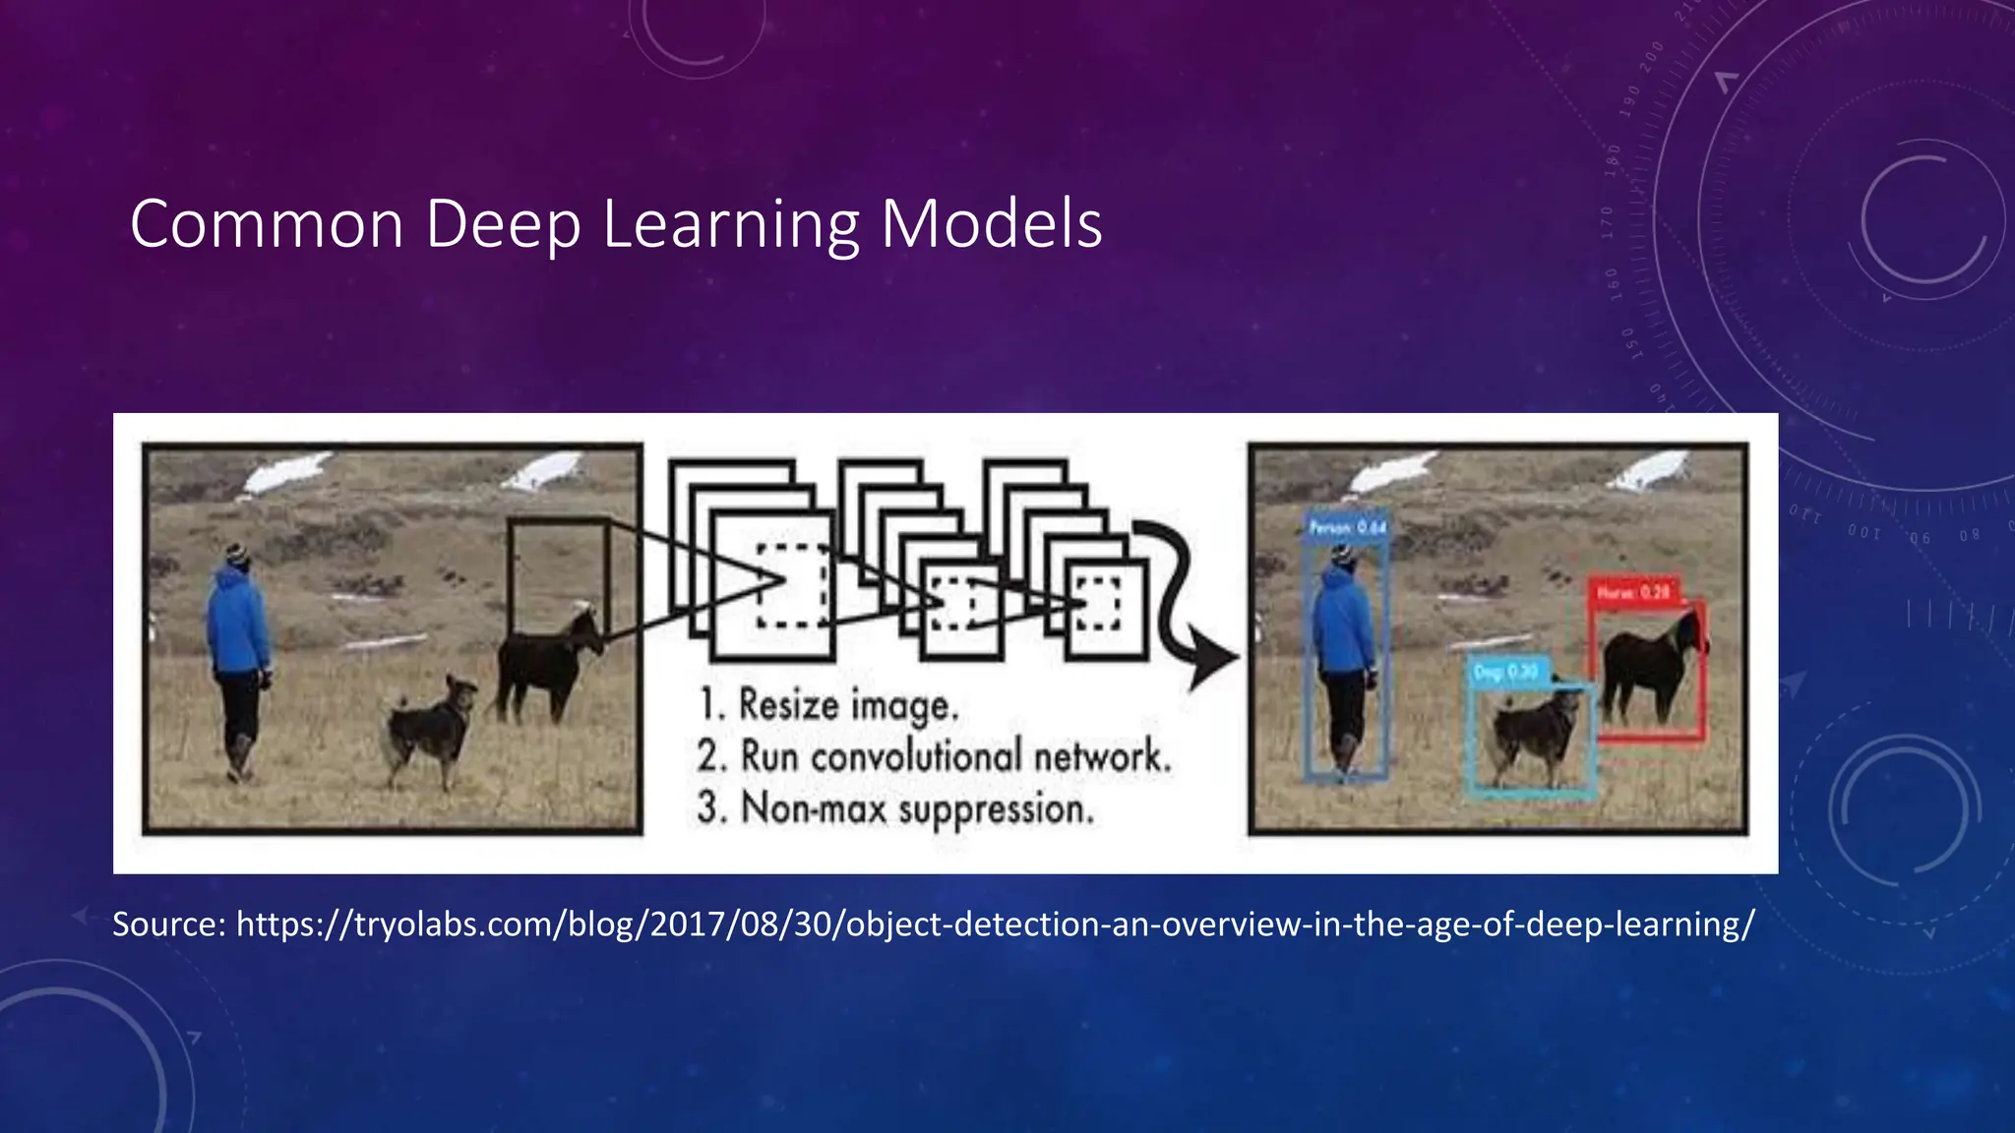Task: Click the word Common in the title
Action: click(267, 224)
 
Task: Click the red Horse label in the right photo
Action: click(1633, 592)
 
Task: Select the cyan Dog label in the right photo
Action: click(1505, 672)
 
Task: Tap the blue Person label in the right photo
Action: click(1347, 528)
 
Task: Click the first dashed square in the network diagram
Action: click(793, 586)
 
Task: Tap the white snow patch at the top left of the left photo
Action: click(285, 473)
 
